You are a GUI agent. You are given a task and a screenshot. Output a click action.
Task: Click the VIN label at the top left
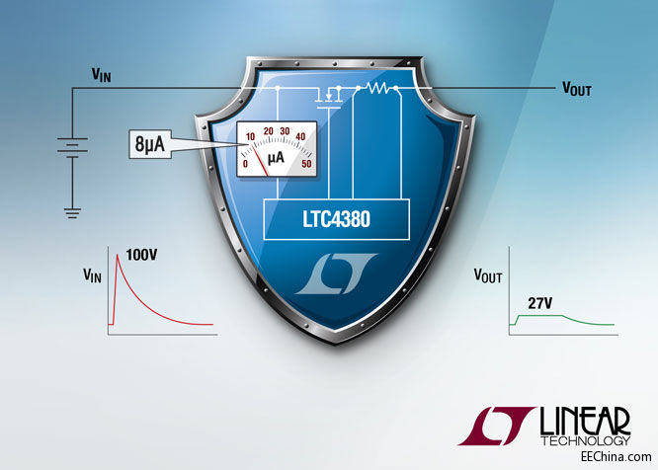coord(102,73)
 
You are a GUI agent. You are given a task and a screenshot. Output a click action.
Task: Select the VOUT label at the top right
coord(577,88)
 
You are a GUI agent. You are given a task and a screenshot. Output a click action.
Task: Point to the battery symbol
coord(72,147)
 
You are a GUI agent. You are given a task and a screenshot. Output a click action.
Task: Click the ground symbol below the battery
coord(72,210)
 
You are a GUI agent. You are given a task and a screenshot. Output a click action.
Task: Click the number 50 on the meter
coord(308,163)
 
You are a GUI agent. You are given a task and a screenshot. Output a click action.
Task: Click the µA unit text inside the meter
coord(277,157)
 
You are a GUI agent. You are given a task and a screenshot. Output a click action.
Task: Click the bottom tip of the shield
coord(332,344)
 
